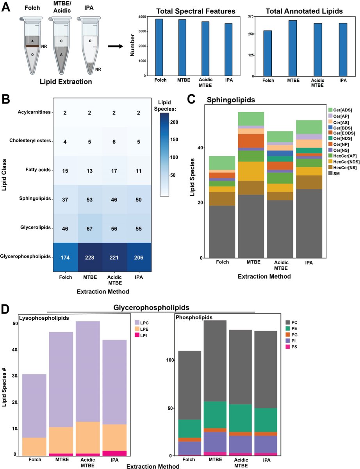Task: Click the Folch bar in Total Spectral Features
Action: [x=159, y=47]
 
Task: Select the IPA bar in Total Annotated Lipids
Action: [x=343, y=50]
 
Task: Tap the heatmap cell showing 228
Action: [x=89, y=257]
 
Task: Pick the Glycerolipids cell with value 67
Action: [x=89, y=228]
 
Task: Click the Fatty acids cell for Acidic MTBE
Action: [x=114, y=170]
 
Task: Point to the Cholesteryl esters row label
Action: [x=30, y=141]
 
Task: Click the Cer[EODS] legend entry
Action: [x=342, y=133]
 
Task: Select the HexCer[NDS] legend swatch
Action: [x=330, y=161]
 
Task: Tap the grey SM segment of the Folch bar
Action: [x=222, y=232]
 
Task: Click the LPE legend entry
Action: [x=142, y=329]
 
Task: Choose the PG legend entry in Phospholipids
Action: [x=291, y=335]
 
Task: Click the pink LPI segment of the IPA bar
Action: [x=114, y=453]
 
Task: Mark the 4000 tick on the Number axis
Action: [x=142, y=17]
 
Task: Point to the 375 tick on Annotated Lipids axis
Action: [x=251, y=16]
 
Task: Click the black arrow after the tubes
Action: [x=115, y=46]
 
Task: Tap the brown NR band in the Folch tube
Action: [x=32, y=46]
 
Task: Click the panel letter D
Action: [x=5, y=309]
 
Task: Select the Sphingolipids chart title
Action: [x=231, y=100]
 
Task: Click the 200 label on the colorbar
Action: [x=174, y=122]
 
